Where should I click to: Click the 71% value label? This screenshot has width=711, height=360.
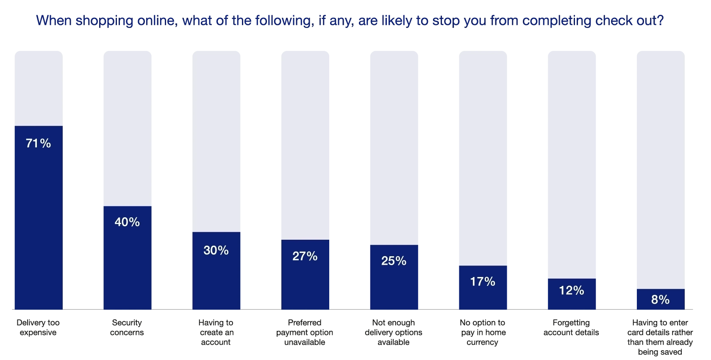pyautogui.click(x=39, y=144)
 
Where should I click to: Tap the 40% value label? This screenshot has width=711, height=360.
pyautogui.click(x=127, y=222)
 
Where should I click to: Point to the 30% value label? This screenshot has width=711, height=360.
pyautogui.click(x=216, y=250)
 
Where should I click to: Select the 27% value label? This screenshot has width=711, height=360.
pyautogui.click(x=305, y=256)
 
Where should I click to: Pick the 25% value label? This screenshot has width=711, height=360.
pyautogui.click(x=394, y=261)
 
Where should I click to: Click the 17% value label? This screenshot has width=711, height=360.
pyautogui.click(x=483, y=281)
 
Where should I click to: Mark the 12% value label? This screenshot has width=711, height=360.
pyautogui.click(x=572, y=291)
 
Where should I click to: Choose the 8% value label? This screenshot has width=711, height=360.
pyautogui.click(x=660, y=300)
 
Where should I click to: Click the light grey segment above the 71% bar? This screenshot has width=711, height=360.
pyautogui.click(x=39, y=88)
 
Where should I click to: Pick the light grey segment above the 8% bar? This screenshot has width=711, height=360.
pyautogui.click(x=659, y=169)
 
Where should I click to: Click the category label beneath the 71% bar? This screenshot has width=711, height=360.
pyautogui.click(x=39, y=327)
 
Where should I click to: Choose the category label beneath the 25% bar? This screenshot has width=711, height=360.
pyautogui.click(x=394, y=332)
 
